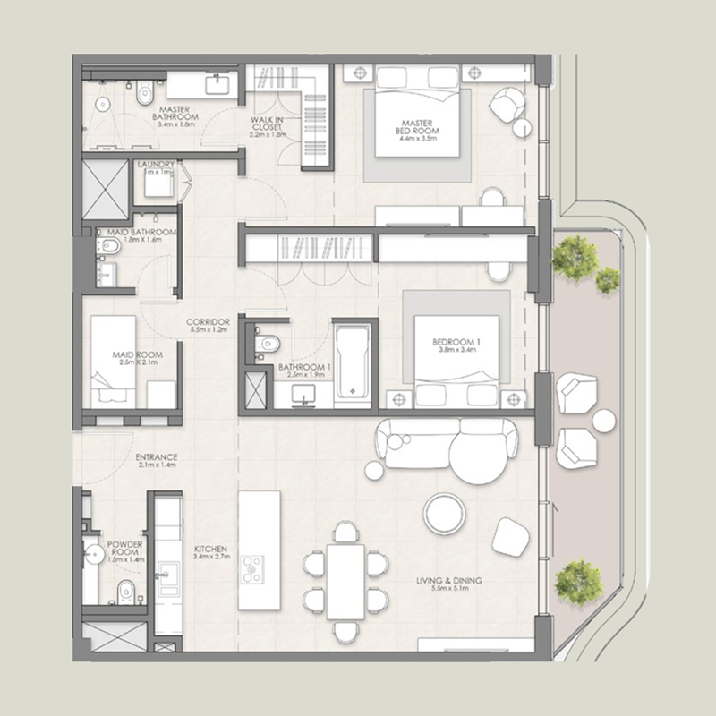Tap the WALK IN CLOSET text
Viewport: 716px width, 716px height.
pos(267,124)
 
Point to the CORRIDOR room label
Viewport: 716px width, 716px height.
pos(209,322)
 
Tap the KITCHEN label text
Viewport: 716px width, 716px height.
pos(211,549)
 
